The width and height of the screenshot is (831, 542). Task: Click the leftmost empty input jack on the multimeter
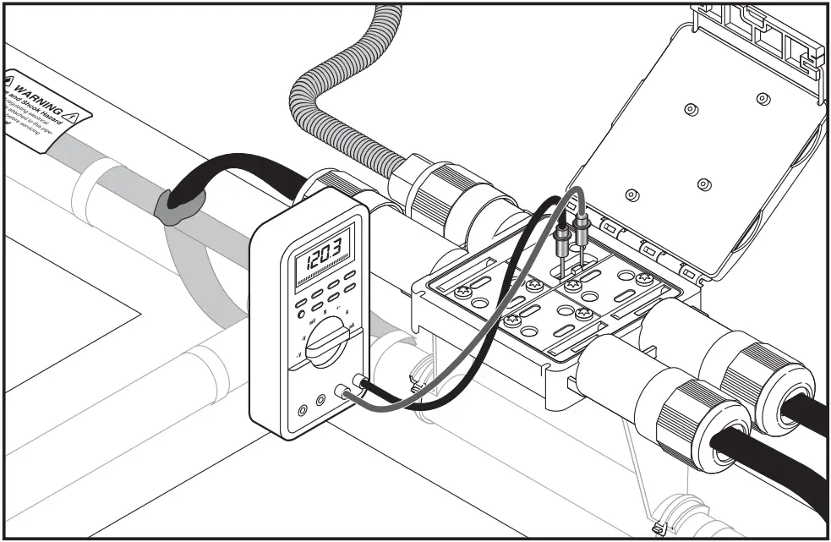click(x=302, y=411)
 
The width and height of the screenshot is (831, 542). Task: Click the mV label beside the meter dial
click(x=313, y=323)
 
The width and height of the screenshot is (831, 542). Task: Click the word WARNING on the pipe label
click(x=38, y=90)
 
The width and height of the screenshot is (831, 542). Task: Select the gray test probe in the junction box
click(x=582, y=229)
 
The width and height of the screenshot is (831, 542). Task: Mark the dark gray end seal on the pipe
click(x=178, y=208)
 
